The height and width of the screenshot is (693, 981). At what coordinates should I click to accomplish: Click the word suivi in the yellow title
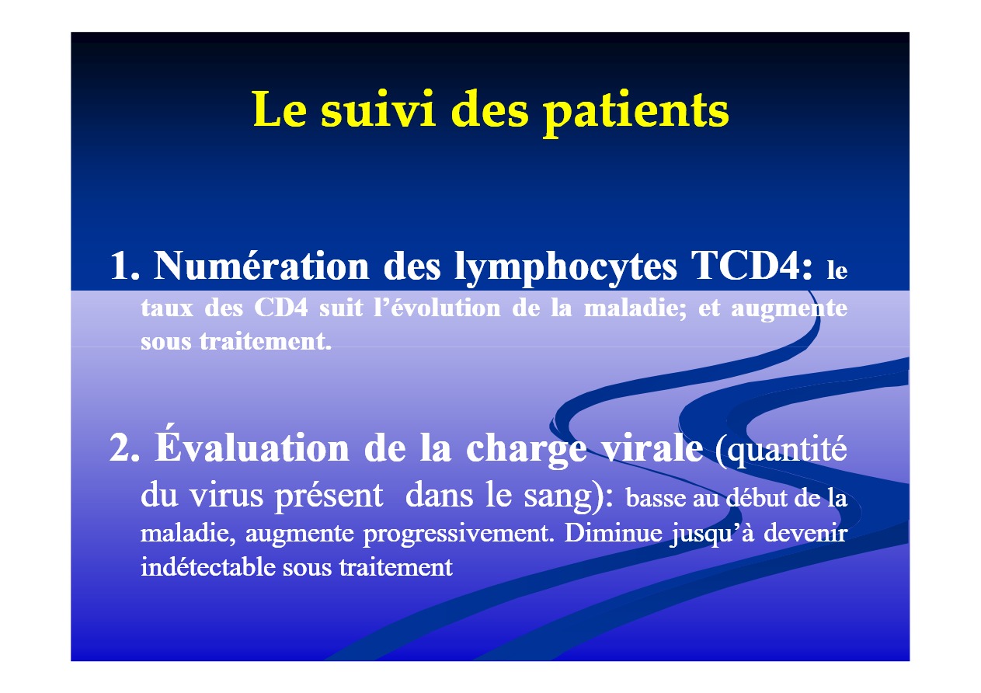(x=378, y=109)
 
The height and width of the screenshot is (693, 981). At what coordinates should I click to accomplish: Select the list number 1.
(x=125, y=266)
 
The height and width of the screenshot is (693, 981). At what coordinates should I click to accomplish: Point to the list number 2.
(x=124, y=447)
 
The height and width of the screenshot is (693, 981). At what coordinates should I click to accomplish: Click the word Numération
(x=262, y=265)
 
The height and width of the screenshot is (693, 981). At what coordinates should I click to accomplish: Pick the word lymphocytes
(x=565, y=267)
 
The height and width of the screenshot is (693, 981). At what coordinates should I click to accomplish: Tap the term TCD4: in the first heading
(x=752, y=266)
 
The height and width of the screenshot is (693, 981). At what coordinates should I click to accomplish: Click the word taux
(x=167, y=308)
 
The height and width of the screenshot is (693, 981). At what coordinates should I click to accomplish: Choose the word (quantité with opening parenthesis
(x=781, y=448)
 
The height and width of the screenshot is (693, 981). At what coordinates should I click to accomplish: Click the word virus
(x=227, y=496)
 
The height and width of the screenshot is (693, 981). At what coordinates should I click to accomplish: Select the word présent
(x=329, y=496)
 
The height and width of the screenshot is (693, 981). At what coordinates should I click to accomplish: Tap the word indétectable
(x=207, y=567)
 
